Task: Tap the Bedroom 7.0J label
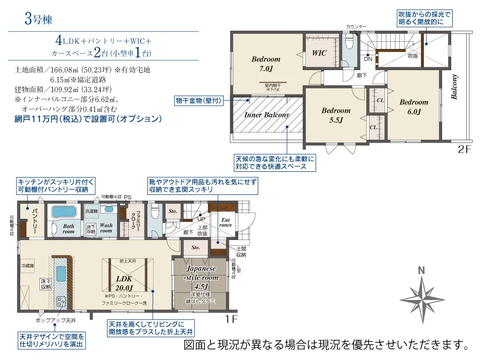click(265, 64)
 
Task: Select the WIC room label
click(319, 53)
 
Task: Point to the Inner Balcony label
click(266, 115)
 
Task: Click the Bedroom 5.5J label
click(336, 115)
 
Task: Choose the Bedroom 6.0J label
click(413, 107)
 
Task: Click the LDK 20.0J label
click(123, 283)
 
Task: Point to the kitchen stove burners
click(61, 301)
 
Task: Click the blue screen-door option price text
click(88, 119)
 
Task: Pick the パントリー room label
click(34, 220)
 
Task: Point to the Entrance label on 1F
click(226, 222)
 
